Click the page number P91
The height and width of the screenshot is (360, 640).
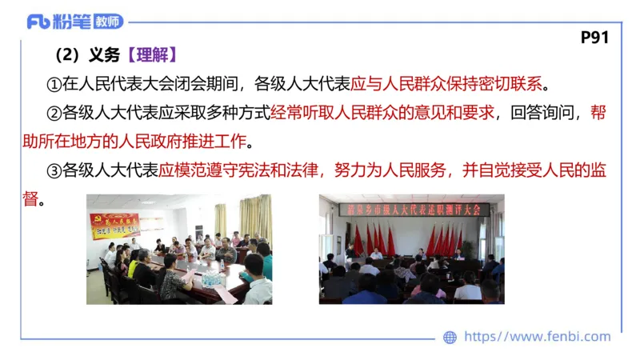595,38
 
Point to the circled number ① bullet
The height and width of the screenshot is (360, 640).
54,83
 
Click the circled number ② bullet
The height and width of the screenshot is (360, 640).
54,113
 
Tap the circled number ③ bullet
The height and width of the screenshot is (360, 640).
54,170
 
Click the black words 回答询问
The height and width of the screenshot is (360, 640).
540,113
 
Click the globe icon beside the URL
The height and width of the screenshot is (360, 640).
450,338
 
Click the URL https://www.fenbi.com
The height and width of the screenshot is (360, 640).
537,337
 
